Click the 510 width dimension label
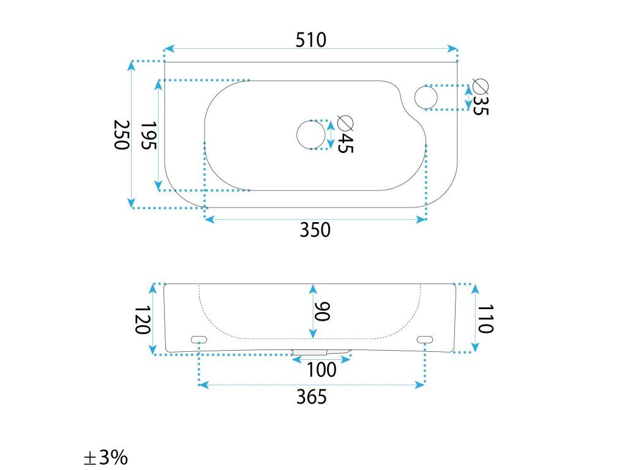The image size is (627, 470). coord(311,40)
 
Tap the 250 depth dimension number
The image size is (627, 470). coord(121,135)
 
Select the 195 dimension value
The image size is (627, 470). coord(149,135)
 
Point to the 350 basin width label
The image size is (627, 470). coord(315,230)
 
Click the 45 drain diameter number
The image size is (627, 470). coord(345,144)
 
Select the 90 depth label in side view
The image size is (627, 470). coord(323,311)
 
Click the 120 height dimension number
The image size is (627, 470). coord(142,319)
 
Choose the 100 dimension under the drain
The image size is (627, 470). coord(321,370)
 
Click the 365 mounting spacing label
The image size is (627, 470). coord(312,397)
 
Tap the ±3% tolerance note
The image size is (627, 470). coord(105,457)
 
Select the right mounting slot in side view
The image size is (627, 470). coord(425,339)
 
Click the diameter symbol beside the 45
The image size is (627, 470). coord(346,123)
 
